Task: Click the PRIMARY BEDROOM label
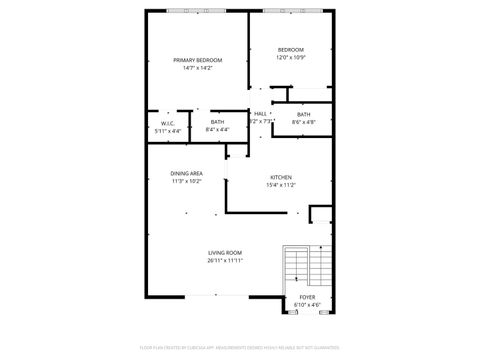pyautogui.click(x=197, y=60)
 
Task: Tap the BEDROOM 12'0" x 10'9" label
pyautogui.click(x=291, y=50)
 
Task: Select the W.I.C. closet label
pyautogui.click(x=168, y=123)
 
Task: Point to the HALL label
pyautogui.click(x=260, y=114)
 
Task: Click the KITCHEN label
pyautogui.click(x=280, y=177)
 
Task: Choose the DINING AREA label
pyautogui.click(x=187, y=174)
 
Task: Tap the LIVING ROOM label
pyautogui.click(x=226, y=253)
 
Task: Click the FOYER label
pyautogui.click(x=306, y=297)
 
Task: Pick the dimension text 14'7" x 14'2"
pyautogui.click(x=197, y=68)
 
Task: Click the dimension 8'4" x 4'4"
pyautogui.click(x=217, y=130)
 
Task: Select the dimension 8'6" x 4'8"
pyautogui.click(x=303, y=122)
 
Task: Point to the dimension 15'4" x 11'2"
pyautogui.click(x=280, y=185)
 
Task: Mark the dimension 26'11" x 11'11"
pyautogui.click(x=226, y=261)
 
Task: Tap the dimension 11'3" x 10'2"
pyautogui.click(x=187, y=182)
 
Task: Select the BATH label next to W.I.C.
pyautogui.click(x=217, y=122)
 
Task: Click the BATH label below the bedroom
pyautogui.click(x=303, y=114)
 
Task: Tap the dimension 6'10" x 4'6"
pyautogui.click(x=306, y=305)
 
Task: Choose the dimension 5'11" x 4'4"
pyautogui.click(x=168, y=131)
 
